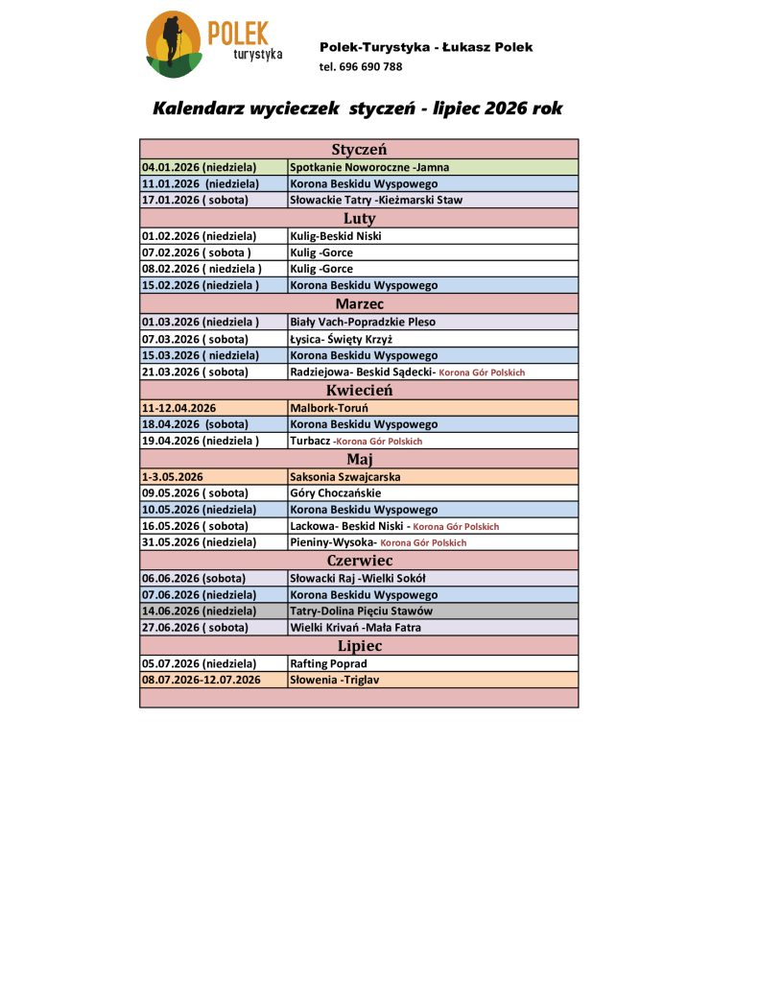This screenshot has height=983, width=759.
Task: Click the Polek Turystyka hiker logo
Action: click(174, 44)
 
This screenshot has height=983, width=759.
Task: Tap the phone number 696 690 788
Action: click(370, 67)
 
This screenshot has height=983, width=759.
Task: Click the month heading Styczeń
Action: click(359, 149)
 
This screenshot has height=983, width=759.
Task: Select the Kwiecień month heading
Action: click(359, 390)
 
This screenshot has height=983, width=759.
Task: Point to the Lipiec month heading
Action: click(359, 646)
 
